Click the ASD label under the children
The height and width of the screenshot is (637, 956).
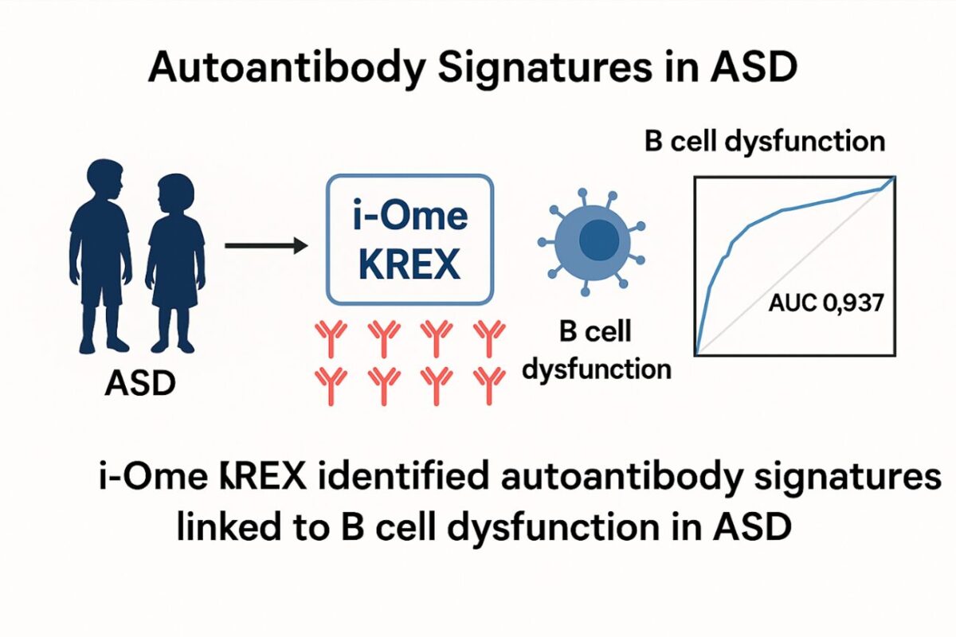(x=139, y=385)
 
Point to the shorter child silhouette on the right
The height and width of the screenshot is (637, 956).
(x=175, y=255)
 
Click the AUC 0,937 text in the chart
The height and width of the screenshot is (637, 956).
(x=825, y=303)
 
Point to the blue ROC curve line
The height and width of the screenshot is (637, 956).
(x=741, y=231)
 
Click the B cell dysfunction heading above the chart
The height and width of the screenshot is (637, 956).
(x=764, y=142)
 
